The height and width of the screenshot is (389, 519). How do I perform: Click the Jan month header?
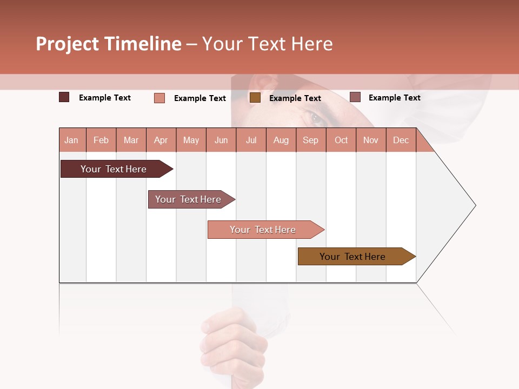(71, 140)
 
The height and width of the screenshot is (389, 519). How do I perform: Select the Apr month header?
(161, 140)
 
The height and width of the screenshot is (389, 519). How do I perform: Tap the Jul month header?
(251, 140)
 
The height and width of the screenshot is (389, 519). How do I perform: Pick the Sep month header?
(310, 140)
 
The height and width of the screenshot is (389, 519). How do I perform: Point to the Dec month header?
(401, 140)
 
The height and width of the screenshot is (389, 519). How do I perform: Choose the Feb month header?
(101, 140)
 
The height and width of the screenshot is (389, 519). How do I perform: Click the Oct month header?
(341, 140)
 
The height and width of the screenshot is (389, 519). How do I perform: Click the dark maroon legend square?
(64, 97)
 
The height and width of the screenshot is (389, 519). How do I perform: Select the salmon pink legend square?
(159, 98)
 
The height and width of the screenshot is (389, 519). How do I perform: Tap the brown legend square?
(255, 97)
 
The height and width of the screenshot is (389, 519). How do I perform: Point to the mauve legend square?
(355, 97)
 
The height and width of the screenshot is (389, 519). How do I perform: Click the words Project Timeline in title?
(109, 44)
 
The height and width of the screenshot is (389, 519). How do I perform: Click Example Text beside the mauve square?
(394, 97)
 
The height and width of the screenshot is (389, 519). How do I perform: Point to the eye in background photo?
(316, 118)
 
